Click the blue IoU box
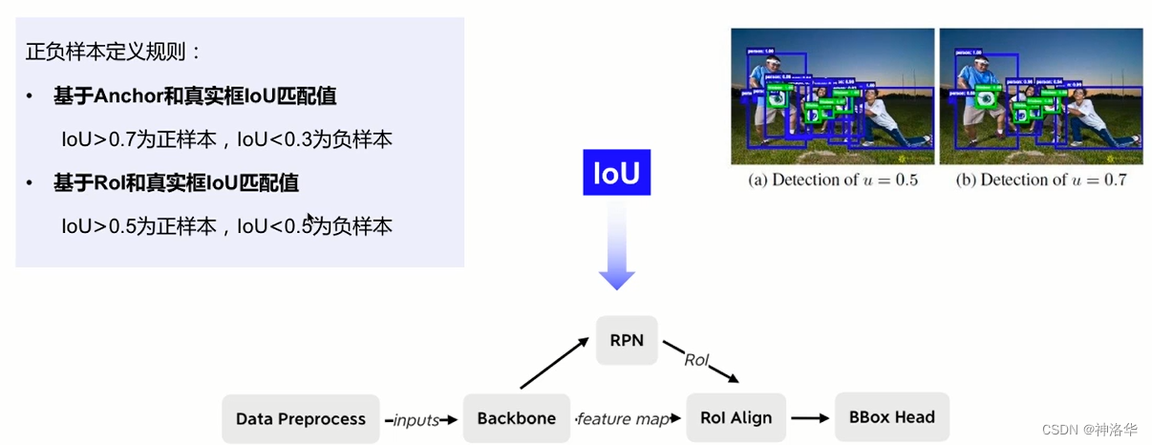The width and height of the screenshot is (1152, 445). pos(616,173)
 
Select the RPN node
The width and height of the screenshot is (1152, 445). pos(627,339)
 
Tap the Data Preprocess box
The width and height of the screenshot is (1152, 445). pos(301,418)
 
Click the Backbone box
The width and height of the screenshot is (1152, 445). pos(517,418)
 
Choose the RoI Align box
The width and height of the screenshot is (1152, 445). pos(736,417)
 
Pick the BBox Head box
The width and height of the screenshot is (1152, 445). pos(892,416)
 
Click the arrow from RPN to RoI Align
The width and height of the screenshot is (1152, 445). pos(702,363)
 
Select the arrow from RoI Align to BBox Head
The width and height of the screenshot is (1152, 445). pos(809,417)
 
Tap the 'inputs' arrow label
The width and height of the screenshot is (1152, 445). pos(416,419)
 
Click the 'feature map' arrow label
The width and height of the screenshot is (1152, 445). pos(623,419)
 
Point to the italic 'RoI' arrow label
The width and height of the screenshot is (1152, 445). pos(696,360)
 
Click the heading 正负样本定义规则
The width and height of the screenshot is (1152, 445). pos(114,52)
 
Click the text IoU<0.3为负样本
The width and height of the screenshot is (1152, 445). pos(314,139)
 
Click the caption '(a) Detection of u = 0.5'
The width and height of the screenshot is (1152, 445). pos(832,180)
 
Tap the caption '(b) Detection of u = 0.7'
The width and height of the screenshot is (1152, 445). pos(1041,180)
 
